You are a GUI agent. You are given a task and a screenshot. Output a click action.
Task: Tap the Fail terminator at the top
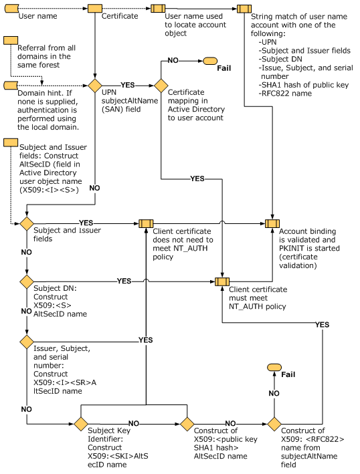click(209, 61)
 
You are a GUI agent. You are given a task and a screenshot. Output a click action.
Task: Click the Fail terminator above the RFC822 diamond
click(274, 368)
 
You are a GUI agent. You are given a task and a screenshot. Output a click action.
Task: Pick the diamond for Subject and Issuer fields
click(27, 223)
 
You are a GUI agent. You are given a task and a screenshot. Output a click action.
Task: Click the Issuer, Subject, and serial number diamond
click(27, 342)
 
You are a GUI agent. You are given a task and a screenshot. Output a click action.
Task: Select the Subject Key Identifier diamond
click(81, 423)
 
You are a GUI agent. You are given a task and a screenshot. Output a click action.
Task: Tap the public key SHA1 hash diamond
click(187, 423)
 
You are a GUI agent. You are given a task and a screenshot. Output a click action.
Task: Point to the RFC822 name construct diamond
click(274, 423)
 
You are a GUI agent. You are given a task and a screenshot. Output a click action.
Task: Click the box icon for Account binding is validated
click(272, 223)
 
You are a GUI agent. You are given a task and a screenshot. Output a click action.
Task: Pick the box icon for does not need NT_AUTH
click(145, 223)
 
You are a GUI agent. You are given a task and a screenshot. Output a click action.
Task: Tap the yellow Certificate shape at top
click(94, 9)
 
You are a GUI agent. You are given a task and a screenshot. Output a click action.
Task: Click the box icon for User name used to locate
click(158, 9)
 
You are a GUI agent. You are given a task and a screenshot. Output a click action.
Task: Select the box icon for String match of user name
click(245, 9)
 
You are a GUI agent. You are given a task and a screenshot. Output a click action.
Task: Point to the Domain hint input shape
click(10, 86)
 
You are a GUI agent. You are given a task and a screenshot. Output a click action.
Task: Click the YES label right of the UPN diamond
click(127, 86)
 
